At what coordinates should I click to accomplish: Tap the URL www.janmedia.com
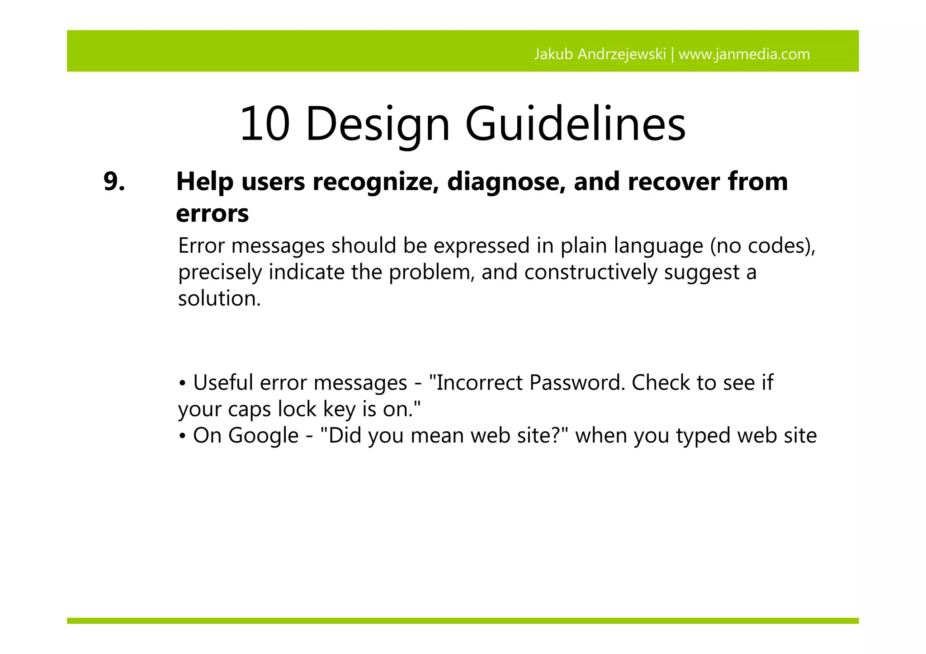pyautogui.click(x=744, y=54)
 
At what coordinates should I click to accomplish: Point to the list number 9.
pyautogui.click(x=114, y=182)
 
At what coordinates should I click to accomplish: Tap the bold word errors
pyautogui.click(x=212, y=213)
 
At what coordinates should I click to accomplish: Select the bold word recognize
pyautogui.click(x=375, y=182)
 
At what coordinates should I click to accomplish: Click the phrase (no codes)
pyautogui.click(x=762, y=246)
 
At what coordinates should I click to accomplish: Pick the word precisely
pyautogui.click(x=220, y=273)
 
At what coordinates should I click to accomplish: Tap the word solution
pyautogui.click(x=219, y=299)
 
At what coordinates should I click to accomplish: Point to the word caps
pyautogui.click(x=250, y=409)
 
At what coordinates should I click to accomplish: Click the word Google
pyautogui.click(x=263, y=436)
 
